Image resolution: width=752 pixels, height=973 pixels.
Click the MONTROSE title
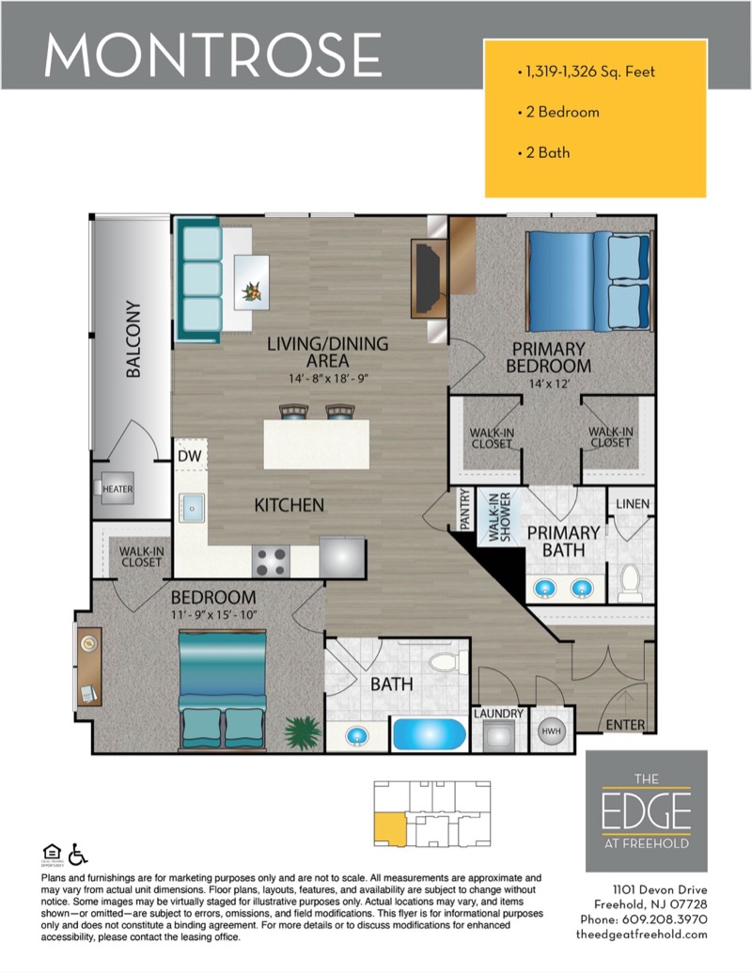pos(212,55)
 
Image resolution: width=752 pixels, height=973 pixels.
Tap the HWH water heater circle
pos(551,731)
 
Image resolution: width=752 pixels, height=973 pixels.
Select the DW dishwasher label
pos(189,456)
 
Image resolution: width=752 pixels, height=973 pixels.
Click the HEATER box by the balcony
pos(117,489)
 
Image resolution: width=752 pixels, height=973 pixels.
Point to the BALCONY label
pos(133,339)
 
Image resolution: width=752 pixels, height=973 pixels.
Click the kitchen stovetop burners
pos(271,561)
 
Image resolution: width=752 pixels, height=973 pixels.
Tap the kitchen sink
pos(192,509)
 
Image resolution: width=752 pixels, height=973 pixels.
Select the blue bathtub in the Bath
pos(430,735)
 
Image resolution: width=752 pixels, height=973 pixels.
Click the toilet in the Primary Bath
pos(631,582)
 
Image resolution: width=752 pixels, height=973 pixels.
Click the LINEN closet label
pos(633,504)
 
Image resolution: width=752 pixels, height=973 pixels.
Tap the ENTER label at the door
pos(625,724)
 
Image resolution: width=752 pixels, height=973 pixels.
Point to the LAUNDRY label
pos(498,714)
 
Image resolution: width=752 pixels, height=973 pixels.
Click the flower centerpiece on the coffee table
pos(252,290)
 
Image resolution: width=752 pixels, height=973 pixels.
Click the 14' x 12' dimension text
pos(549,384)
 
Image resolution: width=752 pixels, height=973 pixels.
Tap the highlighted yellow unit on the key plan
pos(389,828)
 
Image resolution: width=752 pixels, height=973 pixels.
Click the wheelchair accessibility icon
pos(78,854)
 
